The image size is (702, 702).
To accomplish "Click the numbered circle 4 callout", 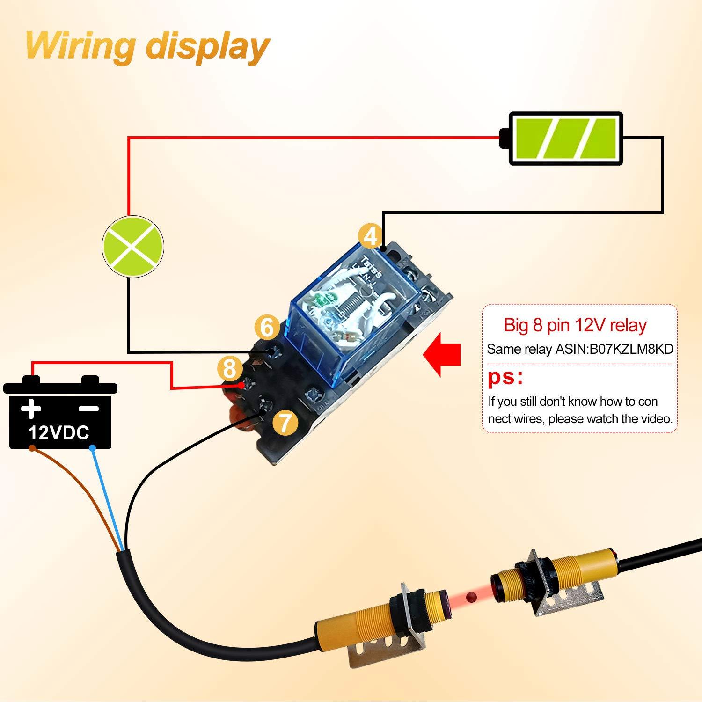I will point(370,236).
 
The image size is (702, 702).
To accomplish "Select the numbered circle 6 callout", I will point(267,327).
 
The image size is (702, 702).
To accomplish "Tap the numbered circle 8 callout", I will point(229,369).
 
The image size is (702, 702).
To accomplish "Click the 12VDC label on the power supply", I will point(59,432).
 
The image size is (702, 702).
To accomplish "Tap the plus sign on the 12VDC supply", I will point(31,408).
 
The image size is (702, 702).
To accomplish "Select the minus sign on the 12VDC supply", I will point(89,408).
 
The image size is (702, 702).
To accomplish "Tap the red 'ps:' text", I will point(505,377).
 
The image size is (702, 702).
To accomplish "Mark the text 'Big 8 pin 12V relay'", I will point(575,325).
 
